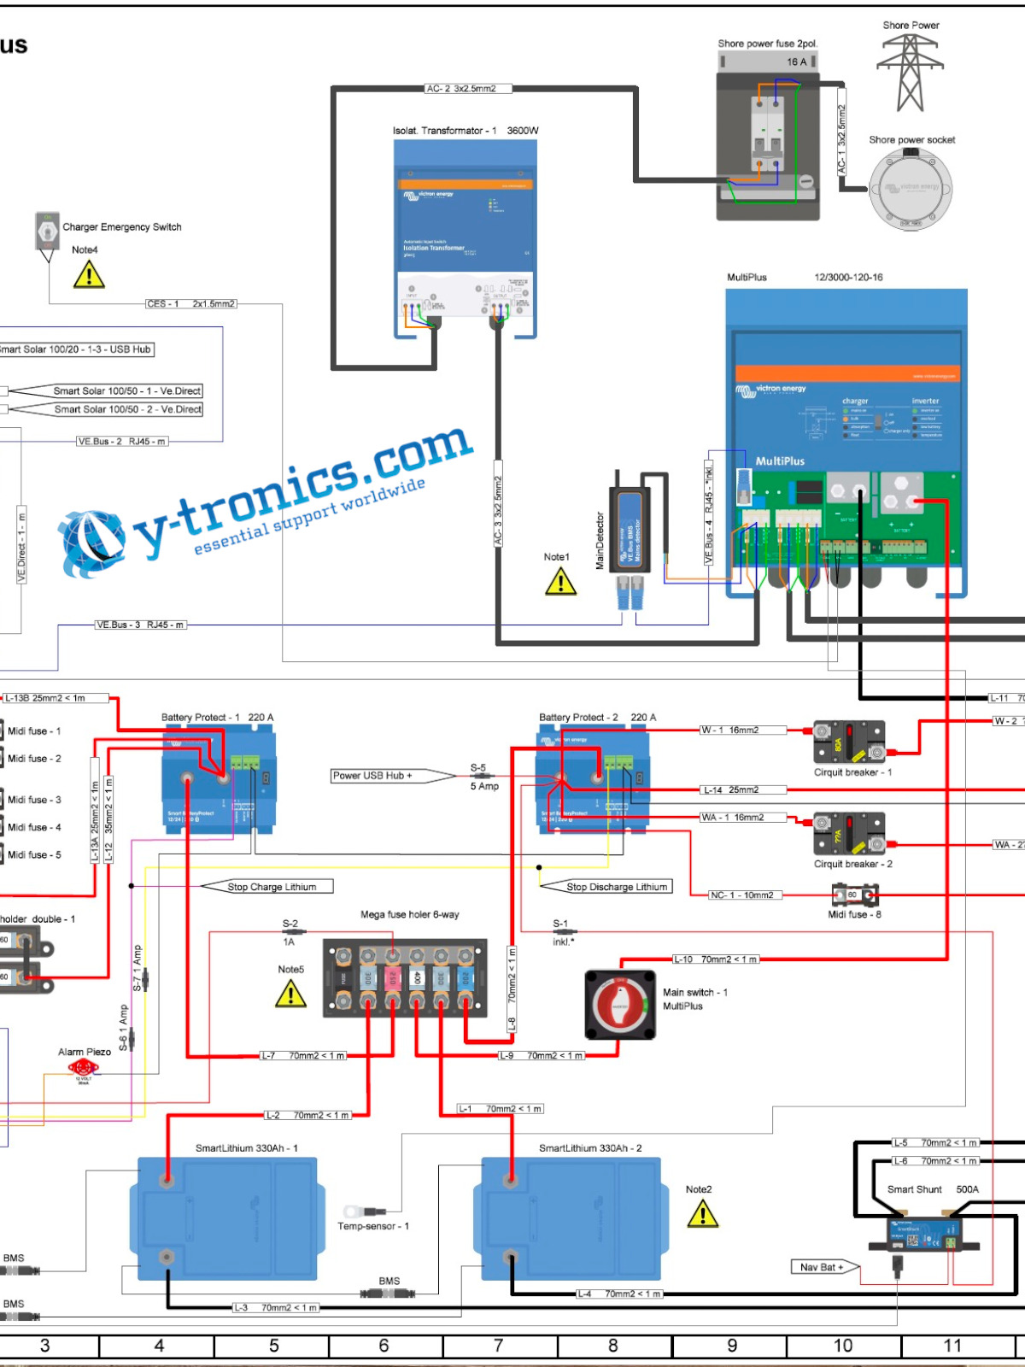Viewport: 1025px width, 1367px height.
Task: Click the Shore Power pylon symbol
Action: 910,73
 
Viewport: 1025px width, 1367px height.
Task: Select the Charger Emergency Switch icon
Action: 47,231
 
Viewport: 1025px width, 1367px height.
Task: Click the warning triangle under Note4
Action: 89,275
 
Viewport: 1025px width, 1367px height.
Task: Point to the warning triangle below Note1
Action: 560,582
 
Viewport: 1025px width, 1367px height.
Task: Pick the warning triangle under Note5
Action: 290,994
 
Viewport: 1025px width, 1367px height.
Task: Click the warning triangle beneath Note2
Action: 702,1213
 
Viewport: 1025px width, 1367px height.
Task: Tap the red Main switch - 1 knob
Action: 620,1005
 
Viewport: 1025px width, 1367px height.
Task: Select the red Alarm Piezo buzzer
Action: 83,1067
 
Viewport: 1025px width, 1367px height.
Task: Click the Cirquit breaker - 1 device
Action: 848,742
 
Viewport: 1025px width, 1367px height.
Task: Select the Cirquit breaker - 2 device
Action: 848,834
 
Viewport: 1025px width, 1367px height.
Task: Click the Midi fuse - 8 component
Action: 855,895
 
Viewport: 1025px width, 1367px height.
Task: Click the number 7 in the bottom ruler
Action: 499,1346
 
